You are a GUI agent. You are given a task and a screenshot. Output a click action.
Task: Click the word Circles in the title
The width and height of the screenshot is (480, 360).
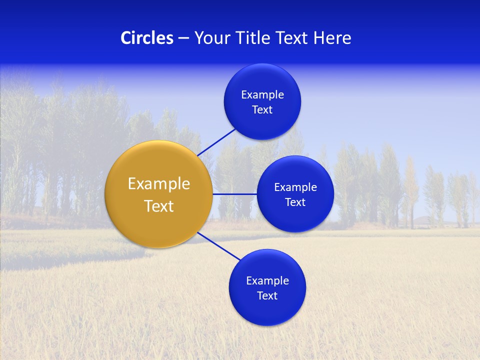pyautogui.click(x=146, y=38)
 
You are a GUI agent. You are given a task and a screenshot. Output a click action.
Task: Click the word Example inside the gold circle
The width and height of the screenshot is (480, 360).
pyautogui.click(x=158, y=184)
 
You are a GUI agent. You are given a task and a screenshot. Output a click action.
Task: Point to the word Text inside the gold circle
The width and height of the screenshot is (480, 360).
pyautogui.click(x=158, y=206)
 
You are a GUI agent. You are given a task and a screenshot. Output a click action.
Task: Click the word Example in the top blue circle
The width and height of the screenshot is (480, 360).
pyautogui.click(x=262, y=95)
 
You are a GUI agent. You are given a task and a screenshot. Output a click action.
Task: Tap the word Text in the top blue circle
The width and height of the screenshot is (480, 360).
pyautogui.click(x=262, y=110)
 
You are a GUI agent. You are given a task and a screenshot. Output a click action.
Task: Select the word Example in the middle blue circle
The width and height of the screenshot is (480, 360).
pyautogui.click(x=295, y=187)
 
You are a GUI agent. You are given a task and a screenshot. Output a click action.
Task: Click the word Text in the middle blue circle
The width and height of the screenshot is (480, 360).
pyautogui.click(x=295, y=202)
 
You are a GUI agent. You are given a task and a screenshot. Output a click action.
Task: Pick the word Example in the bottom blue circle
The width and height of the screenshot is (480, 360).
pyautogui.click(x=267, y=281)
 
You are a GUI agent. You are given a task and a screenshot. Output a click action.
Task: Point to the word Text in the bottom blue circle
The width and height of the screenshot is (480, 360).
pyautogui.click(x=267, y=296)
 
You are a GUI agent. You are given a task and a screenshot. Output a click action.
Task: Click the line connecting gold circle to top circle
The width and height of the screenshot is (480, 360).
pyautogui.click(x=216, y=142)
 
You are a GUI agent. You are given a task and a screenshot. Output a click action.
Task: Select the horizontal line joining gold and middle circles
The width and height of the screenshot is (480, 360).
pyautogui.click(x=234, y=194)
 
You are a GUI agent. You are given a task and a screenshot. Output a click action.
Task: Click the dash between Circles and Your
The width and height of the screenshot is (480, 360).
pyautogui.click(x=183, y=38)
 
